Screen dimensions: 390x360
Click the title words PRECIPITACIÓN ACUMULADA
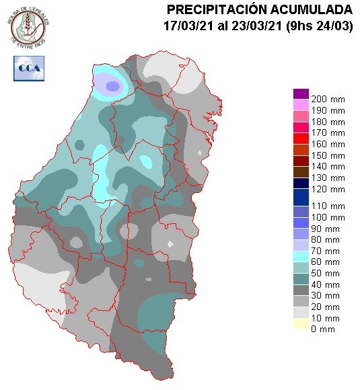259,9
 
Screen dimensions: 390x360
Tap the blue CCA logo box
28,67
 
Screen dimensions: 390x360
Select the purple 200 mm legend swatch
301,93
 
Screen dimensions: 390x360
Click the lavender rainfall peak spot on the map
112,85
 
